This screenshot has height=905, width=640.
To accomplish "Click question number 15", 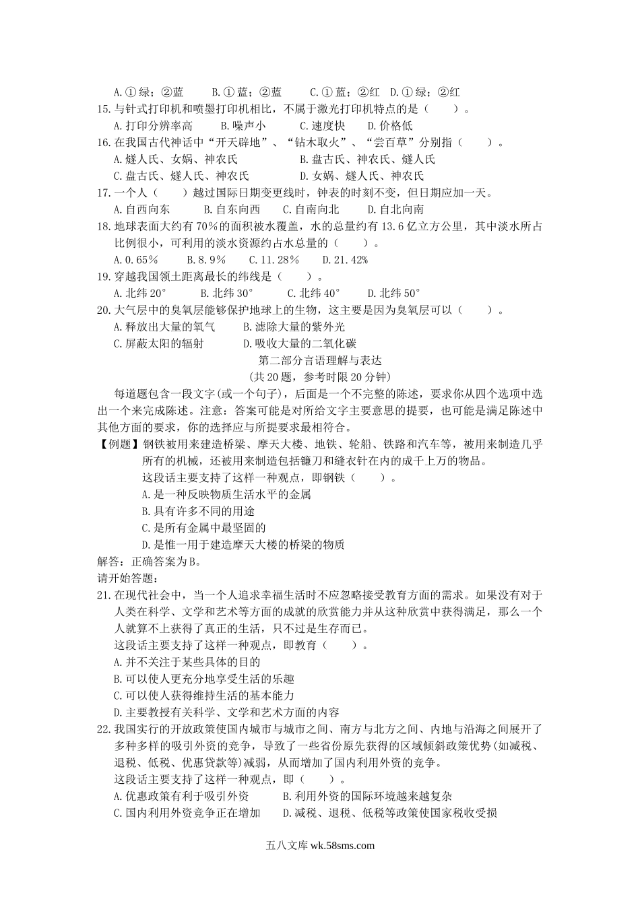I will [x=104, y=109].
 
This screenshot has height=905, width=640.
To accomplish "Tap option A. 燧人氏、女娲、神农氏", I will [x=176, y=160].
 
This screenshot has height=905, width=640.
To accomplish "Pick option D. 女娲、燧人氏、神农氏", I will [x=361, y=176].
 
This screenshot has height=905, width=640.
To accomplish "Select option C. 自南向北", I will [x=311, y=210].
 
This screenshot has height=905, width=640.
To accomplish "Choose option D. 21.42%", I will [x=344, y=260].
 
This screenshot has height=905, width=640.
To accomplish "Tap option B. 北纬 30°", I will [x=226, y=294].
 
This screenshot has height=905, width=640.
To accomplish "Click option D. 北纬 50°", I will [x=393, y=294].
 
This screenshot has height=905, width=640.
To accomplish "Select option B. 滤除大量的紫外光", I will [x=294, y=327].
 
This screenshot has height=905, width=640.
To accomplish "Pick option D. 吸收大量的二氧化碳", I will [x=300, y=344].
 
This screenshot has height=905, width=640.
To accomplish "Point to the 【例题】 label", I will [x=118, y=444].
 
